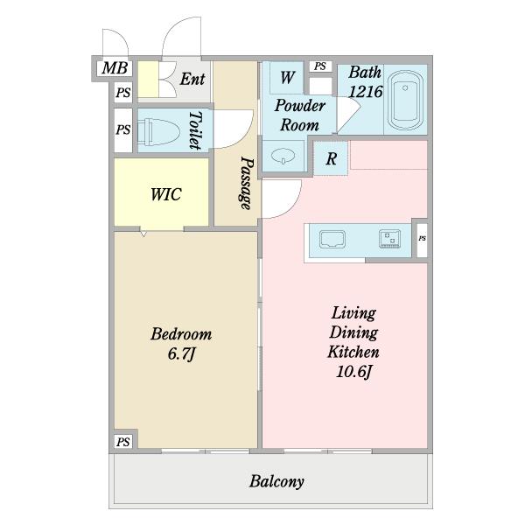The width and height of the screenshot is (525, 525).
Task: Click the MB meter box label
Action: pos(115,68)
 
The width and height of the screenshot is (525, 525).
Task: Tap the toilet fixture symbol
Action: pos(157,131)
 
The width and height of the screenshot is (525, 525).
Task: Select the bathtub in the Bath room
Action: pos(405,100)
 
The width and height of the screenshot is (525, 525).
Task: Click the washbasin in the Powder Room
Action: pos(283,156)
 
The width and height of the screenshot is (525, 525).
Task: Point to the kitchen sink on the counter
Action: pos(332,239)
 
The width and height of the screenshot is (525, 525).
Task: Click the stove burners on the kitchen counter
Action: pos(389,238)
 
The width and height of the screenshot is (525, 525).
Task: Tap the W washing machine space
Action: pos(287,78)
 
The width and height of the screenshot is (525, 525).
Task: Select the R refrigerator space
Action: pos(331,158)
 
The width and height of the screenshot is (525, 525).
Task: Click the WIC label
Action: pos(165,194)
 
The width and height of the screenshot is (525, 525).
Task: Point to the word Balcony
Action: pos(276,481)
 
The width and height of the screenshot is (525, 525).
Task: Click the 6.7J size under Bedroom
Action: pos(181,353)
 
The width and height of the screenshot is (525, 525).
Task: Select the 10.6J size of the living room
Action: pos(353,372)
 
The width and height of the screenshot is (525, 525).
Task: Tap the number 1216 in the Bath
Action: pos(365,91)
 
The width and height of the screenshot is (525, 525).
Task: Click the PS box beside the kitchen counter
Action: pos(423,238)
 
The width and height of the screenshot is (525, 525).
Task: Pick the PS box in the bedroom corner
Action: pos(122,442)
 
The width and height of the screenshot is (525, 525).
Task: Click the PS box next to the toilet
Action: pos(122,129)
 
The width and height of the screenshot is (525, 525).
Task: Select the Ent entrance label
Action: pos(192,79)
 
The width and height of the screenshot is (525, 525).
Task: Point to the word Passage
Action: pos(247,183)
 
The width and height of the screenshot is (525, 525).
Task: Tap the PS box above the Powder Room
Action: pos(319,66)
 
